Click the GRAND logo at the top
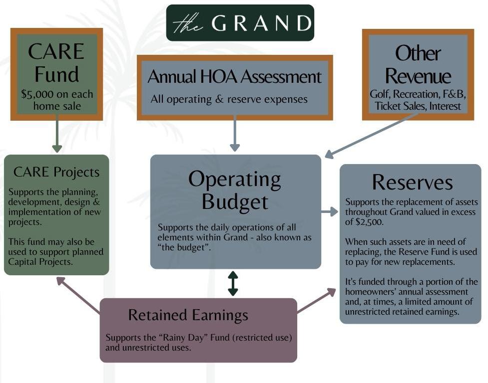tap(240, 23)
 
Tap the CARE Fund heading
tap(56, 63)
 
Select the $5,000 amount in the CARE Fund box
tap(38, 94)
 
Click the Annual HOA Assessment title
tap(235, 77)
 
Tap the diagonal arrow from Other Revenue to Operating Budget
tap(372, 136)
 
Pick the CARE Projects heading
tap(56, 172)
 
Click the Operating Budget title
tap(235, 190)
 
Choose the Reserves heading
tap(412, 182)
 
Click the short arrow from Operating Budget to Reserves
tap(330, 212)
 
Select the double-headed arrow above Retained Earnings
tap(233, 283)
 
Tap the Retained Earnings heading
tap(188, 315)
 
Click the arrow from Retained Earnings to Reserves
tap(317, 301)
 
